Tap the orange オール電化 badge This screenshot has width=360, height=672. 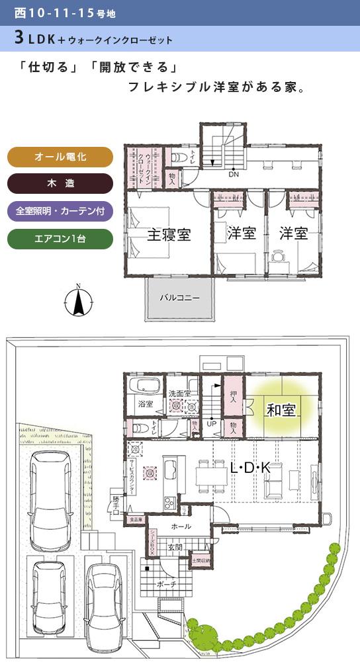[x=60, y=157]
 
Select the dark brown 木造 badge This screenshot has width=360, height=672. [x=60, y=183]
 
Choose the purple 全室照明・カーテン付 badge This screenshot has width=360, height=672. [x=60, y=212]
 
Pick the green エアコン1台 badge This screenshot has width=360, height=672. [x=60, y=239]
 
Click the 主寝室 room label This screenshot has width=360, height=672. [x=169, y=234]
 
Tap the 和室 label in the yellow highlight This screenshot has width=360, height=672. [x=281, y=410]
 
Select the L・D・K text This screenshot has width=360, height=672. [x=250, y=468]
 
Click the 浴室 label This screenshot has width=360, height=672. [x=145, y=403]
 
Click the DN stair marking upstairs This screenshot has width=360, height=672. [x=234, y=175]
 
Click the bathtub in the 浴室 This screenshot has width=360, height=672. [x=144, y=386]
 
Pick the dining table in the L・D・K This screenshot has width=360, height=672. [x=210, y=475]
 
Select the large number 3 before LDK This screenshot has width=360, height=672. [x=19, y=39]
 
